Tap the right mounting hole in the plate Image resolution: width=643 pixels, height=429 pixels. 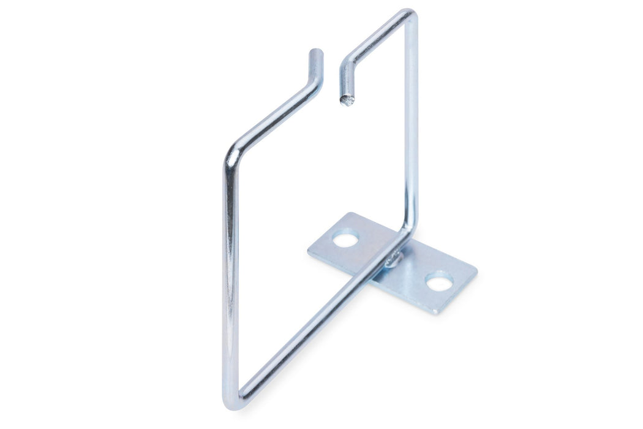coord(439,282)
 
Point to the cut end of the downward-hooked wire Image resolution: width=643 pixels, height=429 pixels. coord(347,100)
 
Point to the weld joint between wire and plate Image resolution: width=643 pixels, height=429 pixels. coord(393,260)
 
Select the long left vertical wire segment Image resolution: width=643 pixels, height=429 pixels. coord(230,276)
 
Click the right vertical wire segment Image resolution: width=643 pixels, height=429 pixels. coord(411,123)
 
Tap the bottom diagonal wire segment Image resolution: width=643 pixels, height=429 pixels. coord(312,325)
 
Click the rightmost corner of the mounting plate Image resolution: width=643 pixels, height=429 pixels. coord(476,270)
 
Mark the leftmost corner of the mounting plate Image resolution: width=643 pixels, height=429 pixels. coord(308,249)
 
